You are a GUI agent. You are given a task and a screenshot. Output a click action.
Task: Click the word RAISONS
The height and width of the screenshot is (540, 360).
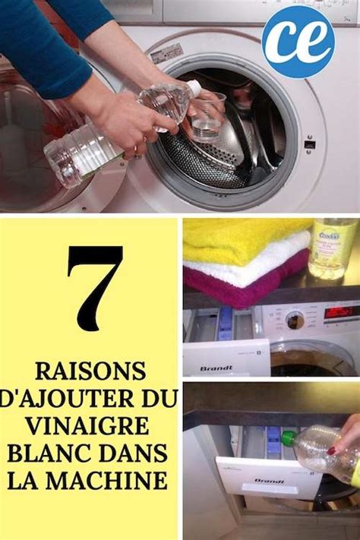[90, 372]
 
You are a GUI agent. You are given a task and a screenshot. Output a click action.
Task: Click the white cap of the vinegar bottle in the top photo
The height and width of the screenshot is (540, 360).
[194, 88]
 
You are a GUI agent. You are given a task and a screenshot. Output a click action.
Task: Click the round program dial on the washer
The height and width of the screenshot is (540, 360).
[294, 321]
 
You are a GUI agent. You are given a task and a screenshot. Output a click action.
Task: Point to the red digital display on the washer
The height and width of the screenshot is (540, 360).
[341, 312]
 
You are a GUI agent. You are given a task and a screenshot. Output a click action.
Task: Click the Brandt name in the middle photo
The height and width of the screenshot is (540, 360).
[216, 368]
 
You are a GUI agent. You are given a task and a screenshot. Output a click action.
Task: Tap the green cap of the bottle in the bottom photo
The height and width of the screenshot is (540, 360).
[289, 438]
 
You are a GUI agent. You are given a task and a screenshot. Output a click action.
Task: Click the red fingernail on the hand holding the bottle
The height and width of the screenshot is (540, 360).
[331, 450]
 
